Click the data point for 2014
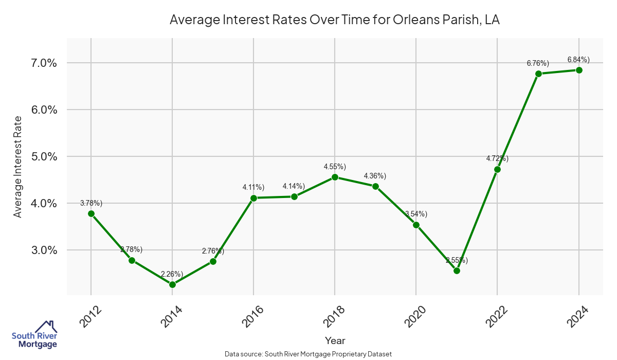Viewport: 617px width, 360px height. (172, 284)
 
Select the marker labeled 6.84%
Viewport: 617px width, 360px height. (579, 70)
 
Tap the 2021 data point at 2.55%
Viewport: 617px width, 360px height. (457, 271)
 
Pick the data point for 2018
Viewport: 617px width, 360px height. (335, 177)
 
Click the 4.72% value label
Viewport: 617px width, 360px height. (497, 158)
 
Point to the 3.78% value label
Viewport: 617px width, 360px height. (91, 203)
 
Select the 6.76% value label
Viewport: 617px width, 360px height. (538, 63)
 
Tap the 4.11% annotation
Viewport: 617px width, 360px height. (253, 187)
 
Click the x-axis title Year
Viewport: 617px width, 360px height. (335, 340)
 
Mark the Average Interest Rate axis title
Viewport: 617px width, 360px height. (18, 167)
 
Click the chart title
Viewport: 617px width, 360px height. (335, 21)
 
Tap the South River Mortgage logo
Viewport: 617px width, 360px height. (34, 335)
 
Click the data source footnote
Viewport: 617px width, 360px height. (308, 354)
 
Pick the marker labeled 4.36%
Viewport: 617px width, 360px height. (375, 186)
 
